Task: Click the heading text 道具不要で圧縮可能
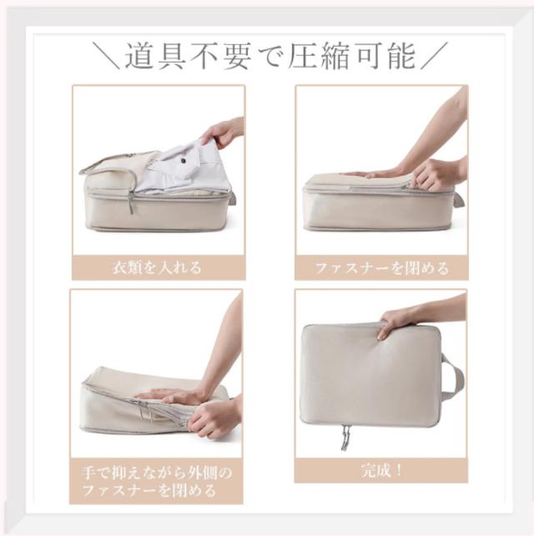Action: [x=270, y=56]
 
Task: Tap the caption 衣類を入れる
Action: [x=158, y=268]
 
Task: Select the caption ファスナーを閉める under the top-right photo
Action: [x=381, y=268]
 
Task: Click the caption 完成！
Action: [x=381, y=471]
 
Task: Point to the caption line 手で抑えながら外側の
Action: [x=157, y=473]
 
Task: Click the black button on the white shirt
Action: [x=184, y=160]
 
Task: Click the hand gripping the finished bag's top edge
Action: [x=393, y=324]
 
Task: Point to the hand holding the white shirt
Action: [x=219, y=133]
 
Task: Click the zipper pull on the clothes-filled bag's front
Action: [x=132, y=202]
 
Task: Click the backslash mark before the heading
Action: [x=106, y=56]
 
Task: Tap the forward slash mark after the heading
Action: [x=434, y=56]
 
